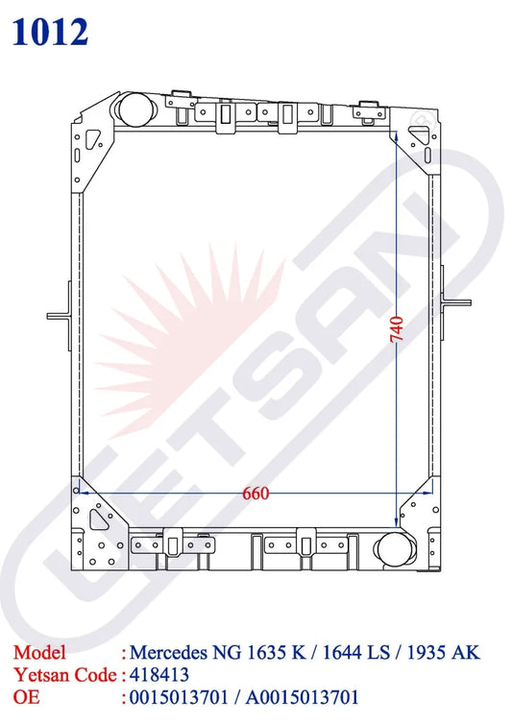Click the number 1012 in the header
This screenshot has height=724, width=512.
click(50, 32)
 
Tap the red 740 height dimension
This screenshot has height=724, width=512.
click(397, 328)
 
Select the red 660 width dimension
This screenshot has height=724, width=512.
click(256, 494)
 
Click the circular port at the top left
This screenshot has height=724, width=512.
click(135, 109)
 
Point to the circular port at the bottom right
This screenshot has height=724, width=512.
click(394, 549)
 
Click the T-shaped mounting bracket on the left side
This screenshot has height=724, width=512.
click(61, 316)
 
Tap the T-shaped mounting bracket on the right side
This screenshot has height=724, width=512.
click(454, 302)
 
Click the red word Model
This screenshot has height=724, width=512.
click(39, 652)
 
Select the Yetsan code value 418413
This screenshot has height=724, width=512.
click(158, 675)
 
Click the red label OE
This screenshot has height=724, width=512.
click(26, 697)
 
